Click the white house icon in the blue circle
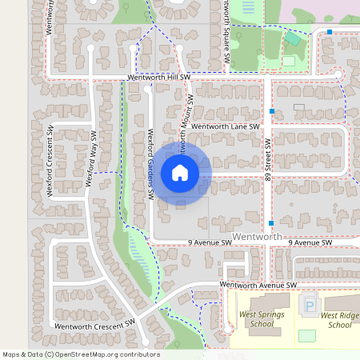point(180,173)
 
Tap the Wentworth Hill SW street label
point(158,78)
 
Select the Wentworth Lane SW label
point(226,126)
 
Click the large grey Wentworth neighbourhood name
point(257,238)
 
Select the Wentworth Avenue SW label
point(258,285)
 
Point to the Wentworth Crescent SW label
point(94,326)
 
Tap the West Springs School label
point(261,319)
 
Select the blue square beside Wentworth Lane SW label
point(272,110)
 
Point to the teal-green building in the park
point(294,38)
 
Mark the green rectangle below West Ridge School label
point(307,336)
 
